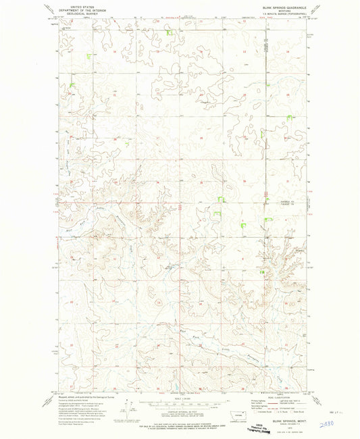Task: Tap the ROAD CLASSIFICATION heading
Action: pyautogui.click(x=278, y=396)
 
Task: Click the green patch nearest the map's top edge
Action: pyautogui.click(x=170, y=32)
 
